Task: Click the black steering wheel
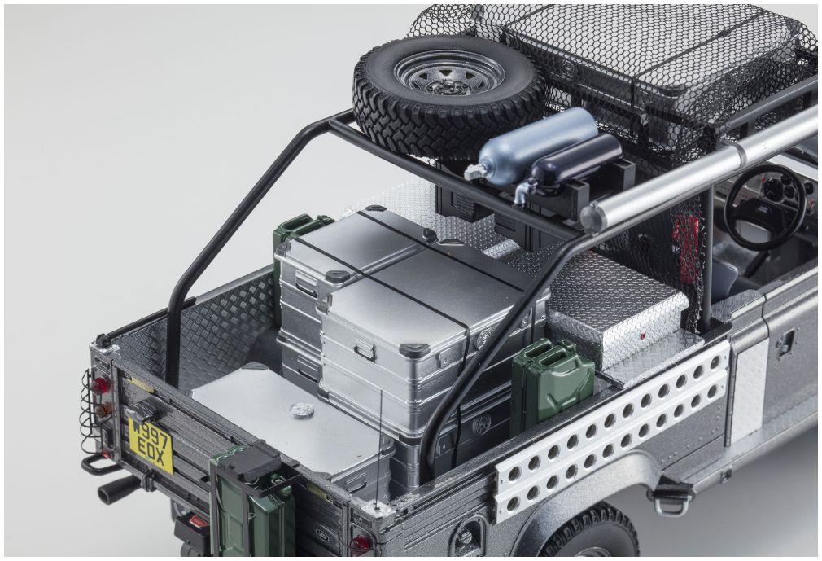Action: click(x=765, y=206)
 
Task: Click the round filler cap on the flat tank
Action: click(x=301, y=410)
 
